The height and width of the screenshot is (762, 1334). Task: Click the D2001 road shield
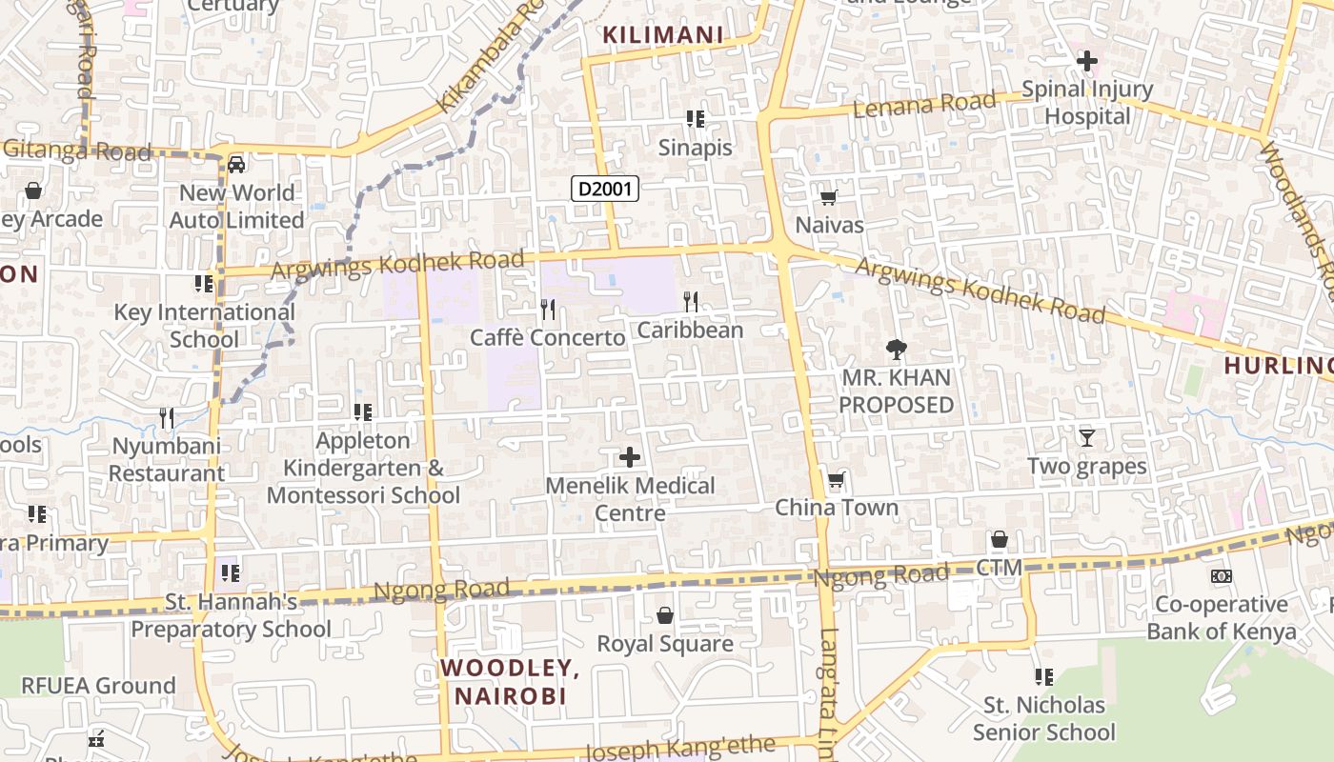(605, 189)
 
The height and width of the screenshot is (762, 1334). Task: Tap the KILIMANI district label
(663, 35)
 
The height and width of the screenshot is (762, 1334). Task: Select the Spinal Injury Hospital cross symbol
(1086, 62)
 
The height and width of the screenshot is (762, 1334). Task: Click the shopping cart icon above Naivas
(828, 198)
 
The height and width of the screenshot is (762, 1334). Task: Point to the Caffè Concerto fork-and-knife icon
(547, 309)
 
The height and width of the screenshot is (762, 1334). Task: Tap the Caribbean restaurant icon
(691, 302)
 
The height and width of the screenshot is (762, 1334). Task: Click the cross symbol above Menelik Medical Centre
(630, 457)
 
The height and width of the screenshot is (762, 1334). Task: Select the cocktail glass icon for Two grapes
(1086, 438)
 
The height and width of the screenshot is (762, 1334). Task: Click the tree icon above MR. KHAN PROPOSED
(896, 350)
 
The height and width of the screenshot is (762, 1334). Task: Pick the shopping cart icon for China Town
(836, 479)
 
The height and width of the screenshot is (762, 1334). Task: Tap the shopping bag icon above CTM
(999, 540)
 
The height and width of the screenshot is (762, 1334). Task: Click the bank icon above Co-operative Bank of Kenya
(1221, 576)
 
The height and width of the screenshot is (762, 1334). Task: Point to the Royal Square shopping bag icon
(665, 616)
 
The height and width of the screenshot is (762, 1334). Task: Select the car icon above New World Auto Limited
(236, 165)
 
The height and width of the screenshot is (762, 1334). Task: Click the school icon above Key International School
(203, 284)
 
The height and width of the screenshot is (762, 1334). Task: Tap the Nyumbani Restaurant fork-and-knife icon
(167, 417)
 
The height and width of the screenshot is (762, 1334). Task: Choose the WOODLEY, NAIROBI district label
(511, 682)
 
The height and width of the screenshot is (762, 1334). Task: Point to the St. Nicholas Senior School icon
(1043, 677)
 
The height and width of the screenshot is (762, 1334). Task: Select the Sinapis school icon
(696, 119)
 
